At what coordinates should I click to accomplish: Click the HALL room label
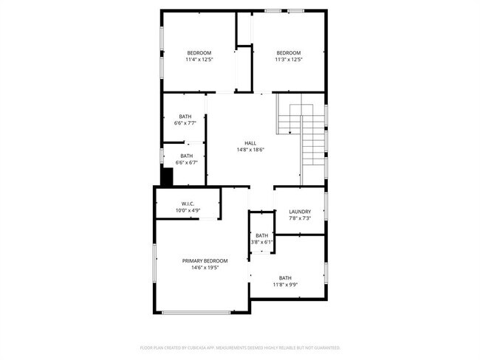tap(251, 143)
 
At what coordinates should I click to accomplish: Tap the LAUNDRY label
tap(300, 212)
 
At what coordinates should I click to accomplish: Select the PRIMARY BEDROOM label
tap(205, 260)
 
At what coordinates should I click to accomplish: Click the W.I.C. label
tap(188, 204)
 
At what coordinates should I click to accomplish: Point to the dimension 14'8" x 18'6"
tap(250, 150)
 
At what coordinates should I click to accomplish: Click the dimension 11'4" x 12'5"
tap(199, 59)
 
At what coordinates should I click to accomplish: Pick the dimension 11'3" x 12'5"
tap(289, 59)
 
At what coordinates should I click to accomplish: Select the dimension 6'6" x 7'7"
tap(185, 123)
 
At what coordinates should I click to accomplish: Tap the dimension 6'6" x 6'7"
tap(186, 162)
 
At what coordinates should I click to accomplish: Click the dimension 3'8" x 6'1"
tap(262, 242)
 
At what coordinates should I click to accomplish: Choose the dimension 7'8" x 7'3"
tap(300, 218)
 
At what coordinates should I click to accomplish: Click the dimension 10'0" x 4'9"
tap(188, 210)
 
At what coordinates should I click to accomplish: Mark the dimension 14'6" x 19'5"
tap(205, 267)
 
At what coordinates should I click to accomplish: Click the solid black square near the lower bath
tap(167, 177)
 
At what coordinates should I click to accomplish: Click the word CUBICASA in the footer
tap(213, 347)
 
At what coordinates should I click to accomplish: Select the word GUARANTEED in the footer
tap(324, 347)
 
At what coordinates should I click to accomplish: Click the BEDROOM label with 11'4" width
tap(199, 52)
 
